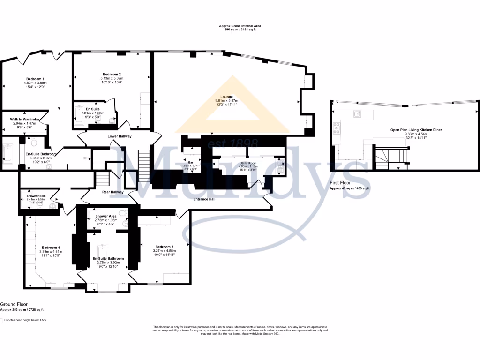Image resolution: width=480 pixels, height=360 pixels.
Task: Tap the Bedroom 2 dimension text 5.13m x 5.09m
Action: pyautogui.click(x=112, y=78)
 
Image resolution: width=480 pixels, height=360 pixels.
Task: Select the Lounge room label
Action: pyautogui.click(x=227, y=97)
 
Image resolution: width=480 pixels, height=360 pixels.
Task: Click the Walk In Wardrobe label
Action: pyautogui.click(x=24, y=120)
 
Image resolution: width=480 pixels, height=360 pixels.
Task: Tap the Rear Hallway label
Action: pyautogui.click(x=112, y=192)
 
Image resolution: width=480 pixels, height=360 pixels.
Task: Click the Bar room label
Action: pyautogui.click(x=192, y=161)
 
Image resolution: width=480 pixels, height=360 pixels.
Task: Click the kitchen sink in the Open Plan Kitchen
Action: pyautogui.click(x=356, y=113)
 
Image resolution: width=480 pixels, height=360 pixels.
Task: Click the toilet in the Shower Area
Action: pyautogui.click(x=122, y=213)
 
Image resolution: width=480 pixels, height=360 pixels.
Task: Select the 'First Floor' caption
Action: pyautogui.click(x=340, y=183)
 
